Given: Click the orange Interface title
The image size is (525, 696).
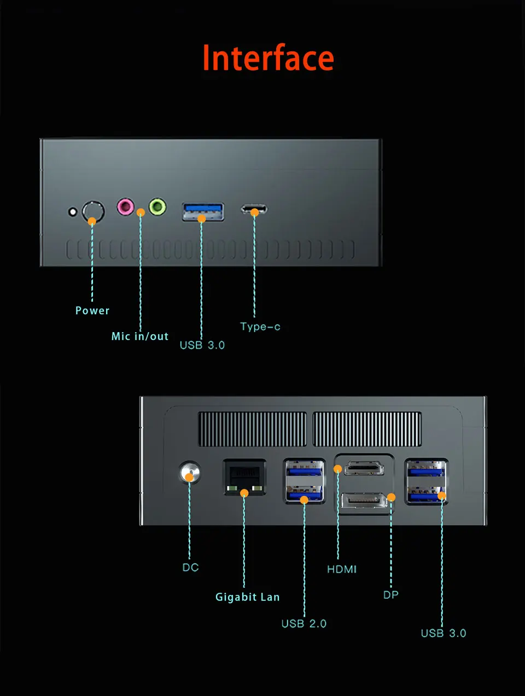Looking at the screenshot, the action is point(268,58).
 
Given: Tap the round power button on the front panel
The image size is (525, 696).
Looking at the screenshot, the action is point(93,211).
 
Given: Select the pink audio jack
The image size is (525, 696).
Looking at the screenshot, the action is point(125,207).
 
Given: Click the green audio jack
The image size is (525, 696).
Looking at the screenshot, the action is point(157,207).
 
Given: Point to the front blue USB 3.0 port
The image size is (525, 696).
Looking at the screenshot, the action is point(203,211).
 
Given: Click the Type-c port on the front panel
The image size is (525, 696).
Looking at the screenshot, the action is point(254,209).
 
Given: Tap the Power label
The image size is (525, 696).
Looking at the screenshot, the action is point(92,310).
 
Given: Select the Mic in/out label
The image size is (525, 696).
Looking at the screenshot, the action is point(140,337).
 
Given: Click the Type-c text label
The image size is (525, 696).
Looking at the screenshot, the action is point(260,327).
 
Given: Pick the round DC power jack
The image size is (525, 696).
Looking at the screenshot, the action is point(190,472).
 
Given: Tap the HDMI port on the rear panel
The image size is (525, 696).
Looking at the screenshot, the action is point(364,468).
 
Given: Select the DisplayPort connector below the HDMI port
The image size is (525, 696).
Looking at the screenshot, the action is point(364,500).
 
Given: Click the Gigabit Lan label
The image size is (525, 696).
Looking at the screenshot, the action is point(247,597).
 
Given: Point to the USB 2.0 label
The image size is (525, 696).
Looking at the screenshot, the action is point(304,624).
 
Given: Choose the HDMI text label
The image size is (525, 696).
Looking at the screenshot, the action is point(342,569).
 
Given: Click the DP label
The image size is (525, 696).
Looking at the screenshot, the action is point(390,594).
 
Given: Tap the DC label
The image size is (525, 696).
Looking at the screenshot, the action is point(190,568).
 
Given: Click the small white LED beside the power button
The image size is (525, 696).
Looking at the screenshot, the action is point(72,211).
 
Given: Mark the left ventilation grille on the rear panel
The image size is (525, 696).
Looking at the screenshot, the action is point(252,429).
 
